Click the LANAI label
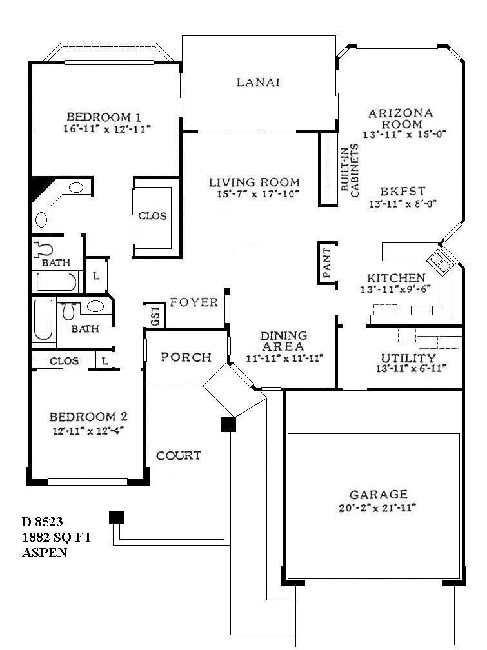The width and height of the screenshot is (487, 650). [x=258, y=83]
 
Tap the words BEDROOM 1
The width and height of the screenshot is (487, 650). [x=104, y=117]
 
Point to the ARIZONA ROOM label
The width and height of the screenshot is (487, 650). [x=401, y=119]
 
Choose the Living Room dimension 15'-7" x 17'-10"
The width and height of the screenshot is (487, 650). [x=254, y=193]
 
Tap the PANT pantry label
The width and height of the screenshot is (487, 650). [x=326, y=262]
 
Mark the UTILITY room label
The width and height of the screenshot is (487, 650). [x=408, y=358]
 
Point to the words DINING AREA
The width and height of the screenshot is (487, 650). [x=284, y=341]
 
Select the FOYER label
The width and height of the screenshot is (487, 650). [x=194, y=303]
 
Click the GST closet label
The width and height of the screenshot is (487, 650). [x=155, y=316]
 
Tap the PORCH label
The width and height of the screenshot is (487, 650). [x=186, y=357]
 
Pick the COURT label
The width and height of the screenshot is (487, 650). [x=179, y=456]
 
